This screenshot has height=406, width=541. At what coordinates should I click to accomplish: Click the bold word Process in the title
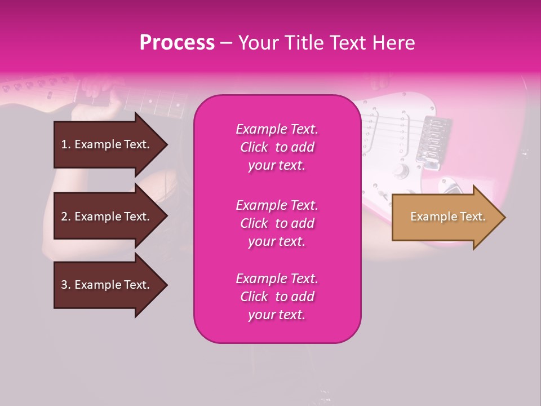[x=177, y=43]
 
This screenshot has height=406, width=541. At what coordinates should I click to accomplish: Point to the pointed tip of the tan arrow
[x=504, y=217]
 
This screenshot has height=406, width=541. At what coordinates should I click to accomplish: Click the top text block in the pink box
[x=277, y=147]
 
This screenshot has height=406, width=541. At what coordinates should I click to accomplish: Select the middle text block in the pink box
[x=277, y=223]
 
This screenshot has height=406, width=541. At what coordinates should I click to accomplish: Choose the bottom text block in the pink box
[x=277, y=297]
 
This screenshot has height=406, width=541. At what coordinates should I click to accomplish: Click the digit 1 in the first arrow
[x=64, y=144]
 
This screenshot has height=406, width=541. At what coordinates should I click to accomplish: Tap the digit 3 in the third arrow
[x=64, y=285]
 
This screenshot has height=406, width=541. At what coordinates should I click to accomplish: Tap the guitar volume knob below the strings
[x=401, y=170]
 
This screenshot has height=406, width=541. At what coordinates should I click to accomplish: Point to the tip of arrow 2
[x=166, y=217]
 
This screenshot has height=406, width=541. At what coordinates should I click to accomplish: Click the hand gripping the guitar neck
[x=96, y=96]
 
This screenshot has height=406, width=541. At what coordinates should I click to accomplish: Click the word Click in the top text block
[x=254, y=147]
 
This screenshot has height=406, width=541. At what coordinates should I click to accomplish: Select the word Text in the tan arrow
[x=472, y=217]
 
